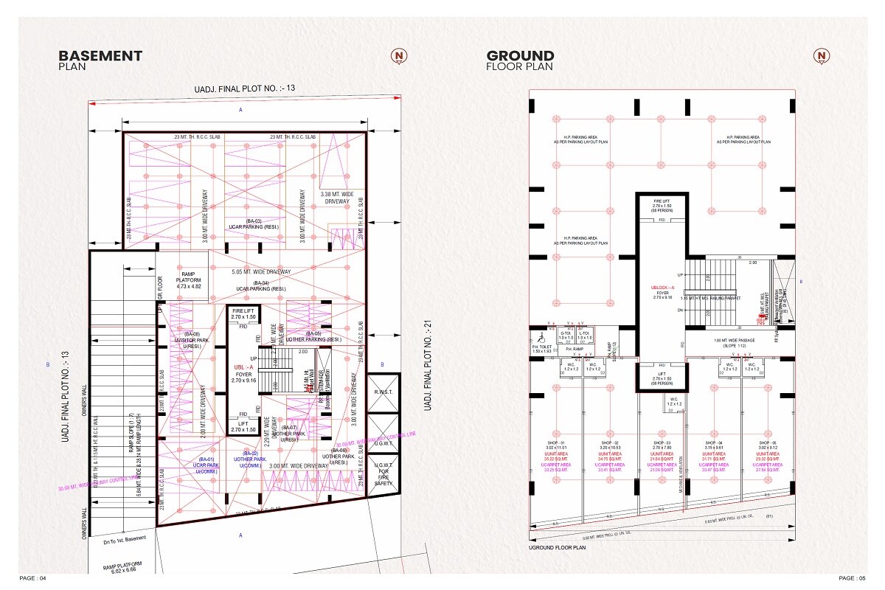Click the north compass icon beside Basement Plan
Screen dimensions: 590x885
(399, 56)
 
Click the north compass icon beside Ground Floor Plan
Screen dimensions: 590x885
(820, 56)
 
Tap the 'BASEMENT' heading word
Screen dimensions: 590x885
(100, 55)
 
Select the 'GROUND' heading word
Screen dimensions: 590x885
(520, 55)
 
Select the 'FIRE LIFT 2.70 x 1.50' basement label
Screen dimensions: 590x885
(243, 314)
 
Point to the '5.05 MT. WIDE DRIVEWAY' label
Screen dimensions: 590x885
(261, 272)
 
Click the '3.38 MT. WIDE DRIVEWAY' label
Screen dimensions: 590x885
(336, 198)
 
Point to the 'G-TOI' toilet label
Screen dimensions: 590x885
(566, 333)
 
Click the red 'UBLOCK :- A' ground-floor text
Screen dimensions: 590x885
(662, 288)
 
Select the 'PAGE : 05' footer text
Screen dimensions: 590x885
(852, 577)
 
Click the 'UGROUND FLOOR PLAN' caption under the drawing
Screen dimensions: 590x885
(557, 548)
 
